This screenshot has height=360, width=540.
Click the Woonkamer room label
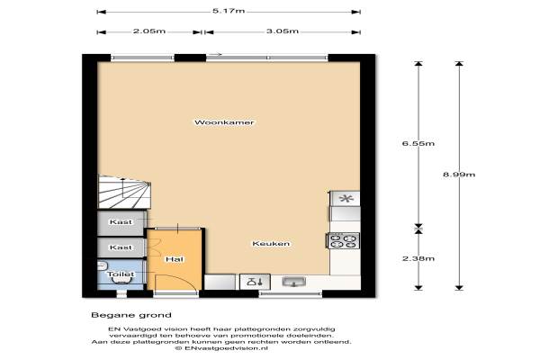click(224, 122)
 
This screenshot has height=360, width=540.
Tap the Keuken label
click(271, 244)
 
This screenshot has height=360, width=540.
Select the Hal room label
click(175, 259)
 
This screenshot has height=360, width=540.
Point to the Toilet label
click(121, 274)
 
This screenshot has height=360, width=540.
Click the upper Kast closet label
click(121, 222)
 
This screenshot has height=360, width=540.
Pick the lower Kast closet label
click(121, 247)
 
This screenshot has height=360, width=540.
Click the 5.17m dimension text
click(229, 11)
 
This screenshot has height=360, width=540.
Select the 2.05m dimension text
click(149, 31)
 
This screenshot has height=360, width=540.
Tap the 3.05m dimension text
click(283, 31)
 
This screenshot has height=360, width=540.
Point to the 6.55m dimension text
click(418, 143)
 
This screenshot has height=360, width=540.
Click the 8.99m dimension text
click(459, 175)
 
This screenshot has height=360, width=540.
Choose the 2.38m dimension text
click(418, 258)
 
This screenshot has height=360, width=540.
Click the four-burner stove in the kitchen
click(343, 240)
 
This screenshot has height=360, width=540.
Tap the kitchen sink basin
click(293, 282)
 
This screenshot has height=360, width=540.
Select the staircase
click(125, 192)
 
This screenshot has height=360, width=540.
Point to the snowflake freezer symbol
click(346, 199)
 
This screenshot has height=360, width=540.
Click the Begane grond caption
click(131, 315)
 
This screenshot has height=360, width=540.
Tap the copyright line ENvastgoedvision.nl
click(221, 348)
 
